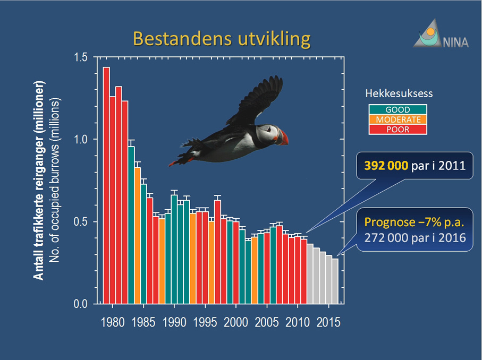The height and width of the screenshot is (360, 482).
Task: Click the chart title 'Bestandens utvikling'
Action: [222, 39]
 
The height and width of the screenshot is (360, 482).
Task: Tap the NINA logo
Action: [441, 33]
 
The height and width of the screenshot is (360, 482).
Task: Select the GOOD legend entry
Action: [398, 110]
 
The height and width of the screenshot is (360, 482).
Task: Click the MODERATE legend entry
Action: [398, 119]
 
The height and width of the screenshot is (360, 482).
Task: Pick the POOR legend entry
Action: [398, 130]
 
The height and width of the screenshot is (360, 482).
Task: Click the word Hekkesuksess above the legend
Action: [399, 93]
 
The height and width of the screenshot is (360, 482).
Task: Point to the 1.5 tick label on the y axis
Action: [81, 57]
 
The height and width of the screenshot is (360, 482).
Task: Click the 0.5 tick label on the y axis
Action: [81, 221]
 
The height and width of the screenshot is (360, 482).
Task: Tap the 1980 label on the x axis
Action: [113, 322]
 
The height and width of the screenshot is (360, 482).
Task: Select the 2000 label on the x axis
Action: [236, 322]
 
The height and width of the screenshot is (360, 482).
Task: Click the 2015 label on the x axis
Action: [328, 322]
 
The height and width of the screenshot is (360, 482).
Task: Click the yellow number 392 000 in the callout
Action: [386, 166]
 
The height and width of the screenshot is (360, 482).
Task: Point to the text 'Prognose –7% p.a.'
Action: [414, 222]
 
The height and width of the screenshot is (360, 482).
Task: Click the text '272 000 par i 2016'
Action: [415, 238]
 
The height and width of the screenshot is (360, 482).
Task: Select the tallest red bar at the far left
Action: [106, 185]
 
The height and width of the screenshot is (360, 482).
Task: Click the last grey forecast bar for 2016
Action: [335, 281]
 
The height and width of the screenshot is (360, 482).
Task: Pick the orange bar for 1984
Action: [138, 236]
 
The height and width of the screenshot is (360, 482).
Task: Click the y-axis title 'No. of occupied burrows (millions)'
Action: [54, 181]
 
